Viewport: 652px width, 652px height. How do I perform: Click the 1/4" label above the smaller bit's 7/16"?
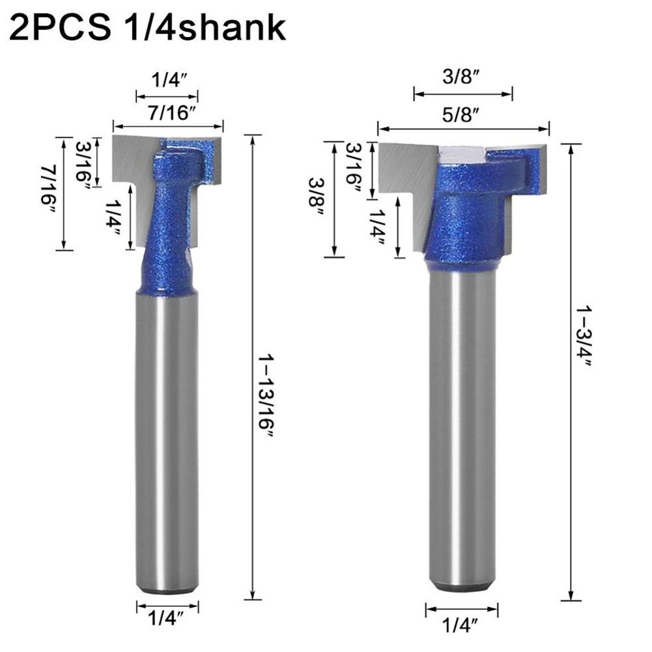(167, 81)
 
